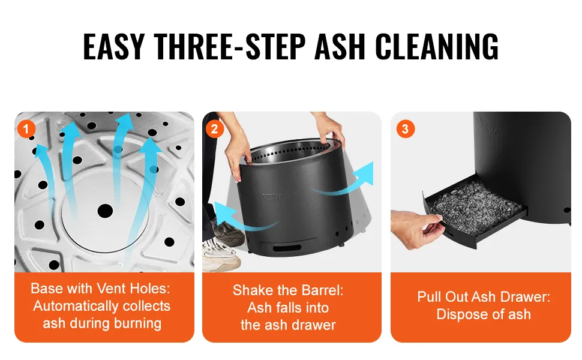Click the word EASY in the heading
113,46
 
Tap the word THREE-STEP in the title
230,46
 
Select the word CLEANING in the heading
437,46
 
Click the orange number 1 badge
26,129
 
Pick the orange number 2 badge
215,129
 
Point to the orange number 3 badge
406,129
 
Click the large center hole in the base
105,211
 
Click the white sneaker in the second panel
220,253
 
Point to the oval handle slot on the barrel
287,248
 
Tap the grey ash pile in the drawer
475,205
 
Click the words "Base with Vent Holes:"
101,289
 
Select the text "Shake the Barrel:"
288,290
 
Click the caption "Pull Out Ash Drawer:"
484,296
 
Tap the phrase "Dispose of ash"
484,314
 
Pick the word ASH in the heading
340,46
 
